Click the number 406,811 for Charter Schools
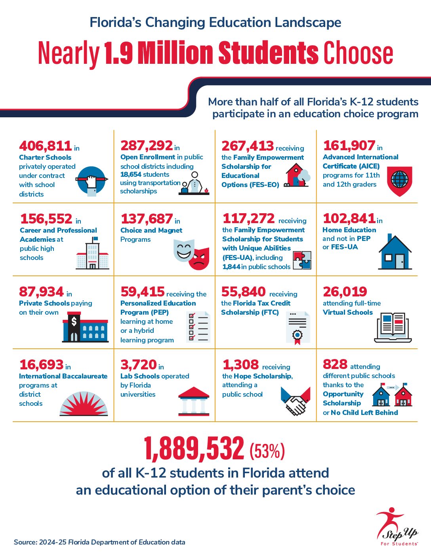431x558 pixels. point(45,146)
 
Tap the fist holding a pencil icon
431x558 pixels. point(92,181)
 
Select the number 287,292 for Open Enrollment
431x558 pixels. point(147,146)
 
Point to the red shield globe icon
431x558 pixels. point(399,181)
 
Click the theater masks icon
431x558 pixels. point(191,254)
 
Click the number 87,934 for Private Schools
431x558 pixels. point(41,292)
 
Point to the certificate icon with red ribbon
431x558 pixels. point(298,327)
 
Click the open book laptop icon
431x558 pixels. point(393,327)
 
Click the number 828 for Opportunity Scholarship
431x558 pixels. point(335,364)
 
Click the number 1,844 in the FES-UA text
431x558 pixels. point(231,267)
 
